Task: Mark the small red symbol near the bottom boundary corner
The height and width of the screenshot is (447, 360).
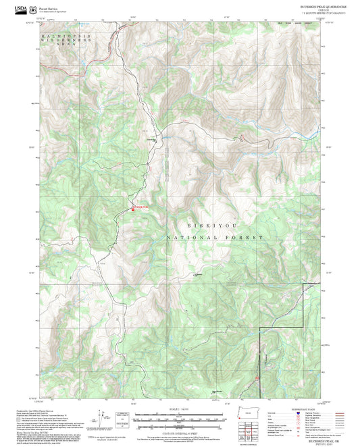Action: (257, 378)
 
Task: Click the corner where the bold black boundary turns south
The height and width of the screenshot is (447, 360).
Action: (260, 329)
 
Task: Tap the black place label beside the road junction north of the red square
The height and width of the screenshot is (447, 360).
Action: (153, 140)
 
